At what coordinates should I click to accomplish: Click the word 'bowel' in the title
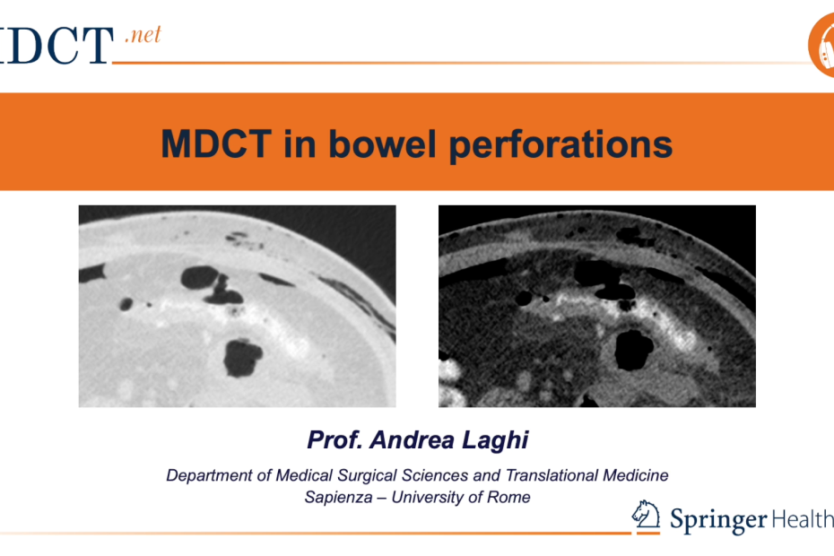tap(382, 143)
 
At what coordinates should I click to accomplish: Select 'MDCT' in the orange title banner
tap(216, 143)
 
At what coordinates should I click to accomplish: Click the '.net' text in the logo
tap(143, 35)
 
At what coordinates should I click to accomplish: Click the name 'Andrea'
tap(413, 440)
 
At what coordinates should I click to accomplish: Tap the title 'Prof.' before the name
tap(335, 440)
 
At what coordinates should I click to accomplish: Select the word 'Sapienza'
tap(338, 498)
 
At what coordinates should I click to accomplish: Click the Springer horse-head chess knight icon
tap(646, 515)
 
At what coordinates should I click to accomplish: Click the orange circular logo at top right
tap(821, 45)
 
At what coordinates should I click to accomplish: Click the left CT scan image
tap(238, 306)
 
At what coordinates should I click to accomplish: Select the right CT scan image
tap(596, 306)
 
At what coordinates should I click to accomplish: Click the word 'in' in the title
tap(300, 143)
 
